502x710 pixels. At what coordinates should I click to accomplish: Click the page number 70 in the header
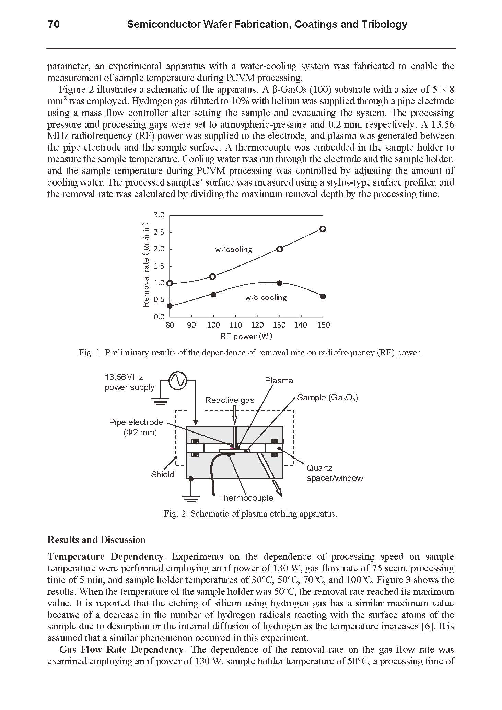pos(54,24)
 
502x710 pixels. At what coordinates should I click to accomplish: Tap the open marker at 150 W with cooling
pos(323,229)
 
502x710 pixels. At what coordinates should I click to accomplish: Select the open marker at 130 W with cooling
pos(279,249)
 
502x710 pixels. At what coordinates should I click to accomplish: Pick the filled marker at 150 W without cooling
pos(323,297)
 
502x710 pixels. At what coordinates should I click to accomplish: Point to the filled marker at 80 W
pos(170,306)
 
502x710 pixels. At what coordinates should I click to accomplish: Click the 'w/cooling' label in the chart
pos(233,250)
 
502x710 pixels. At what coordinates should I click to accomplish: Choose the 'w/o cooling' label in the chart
pos(266,298)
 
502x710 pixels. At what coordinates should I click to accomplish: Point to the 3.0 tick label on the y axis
pos(159,215)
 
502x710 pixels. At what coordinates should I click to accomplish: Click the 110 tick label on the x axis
pos(235,325)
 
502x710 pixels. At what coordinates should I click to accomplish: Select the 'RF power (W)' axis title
pos(246,336)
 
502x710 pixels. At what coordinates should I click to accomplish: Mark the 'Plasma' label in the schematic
pos(279,381)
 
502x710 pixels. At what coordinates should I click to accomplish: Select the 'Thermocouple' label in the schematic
pos(246,498)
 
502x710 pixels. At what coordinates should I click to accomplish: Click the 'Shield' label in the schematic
pos(162,474)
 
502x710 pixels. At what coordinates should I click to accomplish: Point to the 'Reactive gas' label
pos(230,400)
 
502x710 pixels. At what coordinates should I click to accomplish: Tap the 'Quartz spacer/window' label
pos(335,473)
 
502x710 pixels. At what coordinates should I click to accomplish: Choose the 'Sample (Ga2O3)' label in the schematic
pos(327,398)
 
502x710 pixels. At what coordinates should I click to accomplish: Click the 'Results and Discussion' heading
pos(96,540)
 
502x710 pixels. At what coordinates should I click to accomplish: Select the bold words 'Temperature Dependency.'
pos(107,556)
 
